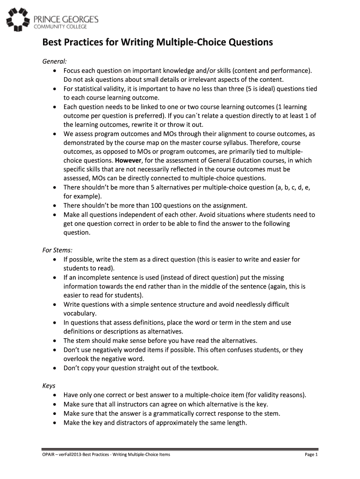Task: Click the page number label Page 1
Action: pos(311,455)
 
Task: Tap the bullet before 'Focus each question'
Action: pos(56,71)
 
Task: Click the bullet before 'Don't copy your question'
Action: pos(56,368)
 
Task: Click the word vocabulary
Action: pos(80,313)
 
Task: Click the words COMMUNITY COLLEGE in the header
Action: pos(56,26)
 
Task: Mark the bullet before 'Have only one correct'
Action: pos(56,395)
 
